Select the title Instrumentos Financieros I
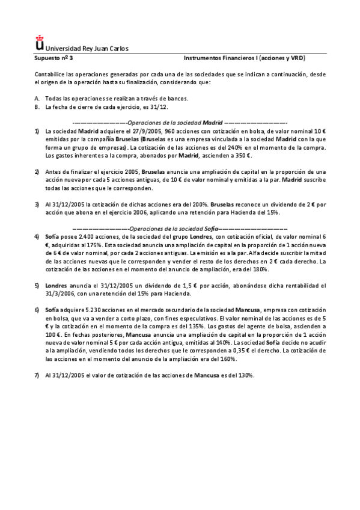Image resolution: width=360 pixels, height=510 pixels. tap(222, 59)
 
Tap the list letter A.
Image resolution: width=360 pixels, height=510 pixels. tap(37, 99)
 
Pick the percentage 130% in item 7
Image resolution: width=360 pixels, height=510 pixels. tap(245, 375)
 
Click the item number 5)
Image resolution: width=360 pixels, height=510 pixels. tap(37, 286)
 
